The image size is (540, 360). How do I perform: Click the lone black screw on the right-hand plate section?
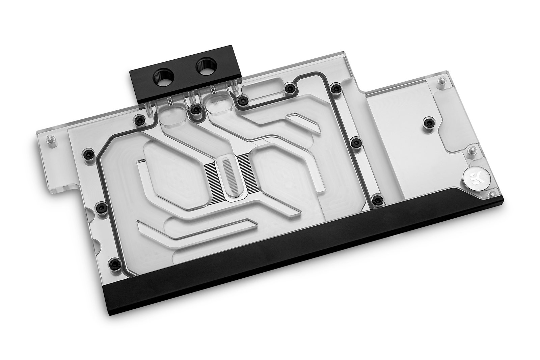coord(429,121)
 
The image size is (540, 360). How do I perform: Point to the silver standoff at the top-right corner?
coord(440,81)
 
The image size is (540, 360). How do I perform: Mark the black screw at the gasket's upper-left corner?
coord(137,120)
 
